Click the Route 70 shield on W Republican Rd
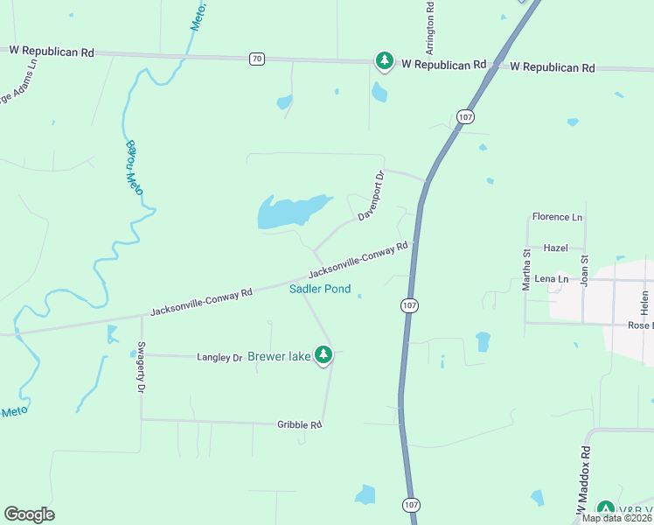point(256,59)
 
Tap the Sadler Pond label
point(320,289)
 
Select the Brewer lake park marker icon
point(324,354)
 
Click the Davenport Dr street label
point(370,197)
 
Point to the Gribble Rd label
point(301,424)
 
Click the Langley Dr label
point(219,357)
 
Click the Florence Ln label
point(557,216)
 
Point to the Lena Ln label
point(551,279)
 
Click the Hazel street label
point(555,248)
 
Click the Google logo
point(29,514)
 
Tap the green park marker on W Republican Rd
point(384,60)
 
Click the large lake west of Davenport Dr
point(291,211)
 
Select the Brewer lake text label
point(279,356)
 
